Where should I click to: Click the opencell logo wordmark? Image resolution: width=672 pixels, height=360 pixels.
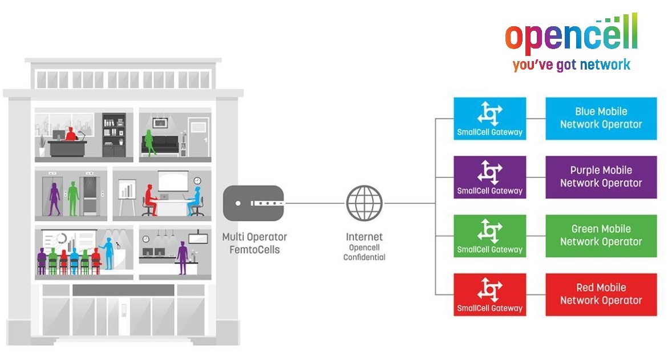click(x=571, y=35)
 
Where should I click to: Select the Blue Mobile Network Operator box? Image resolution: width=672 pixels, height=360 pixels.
click(x=601, y=118)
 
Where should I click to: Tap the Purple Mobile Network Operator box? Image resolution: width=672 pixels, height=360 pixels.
click(x=601, y=177)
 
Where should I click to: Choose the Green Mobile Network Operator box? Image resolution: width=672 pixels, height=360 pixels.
click(x=601, y=236)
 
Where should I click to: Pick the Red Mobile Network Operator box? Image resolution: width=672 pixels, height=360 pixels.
click(x=601, y=294)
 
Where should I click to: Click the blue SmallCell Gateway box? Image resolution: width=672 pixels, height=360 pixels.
click(x=489, y=118)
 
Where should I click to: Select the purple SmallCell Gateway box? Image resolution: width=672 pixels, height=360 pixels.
click(x=489, y=177)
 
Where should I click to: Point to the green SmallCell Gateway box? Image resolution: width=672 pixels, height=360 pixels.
click(x=489, y=236)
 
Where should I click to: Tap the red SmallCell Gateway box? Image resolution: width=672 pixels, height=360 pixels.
click(x=489, y=294)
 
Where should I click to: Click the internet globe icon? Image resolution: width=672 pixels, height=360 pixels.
click(x=364, y=203)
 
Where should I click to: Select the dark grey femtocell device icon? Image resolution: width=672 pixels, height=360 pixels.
click(x=253, y=203)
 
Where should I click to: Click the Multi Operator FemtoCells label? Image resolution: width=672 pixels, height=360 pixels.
click(x=254, y=242)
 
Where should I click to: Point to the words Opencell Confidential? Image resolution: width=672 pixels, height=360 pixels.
click(x=364, y=253)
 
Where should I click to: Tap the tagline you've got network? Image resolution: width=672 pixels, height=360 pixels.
click(x=571, y=64)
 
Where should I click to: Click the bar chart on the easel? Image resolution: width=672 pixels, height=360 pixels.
click(x=127, y=189)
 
